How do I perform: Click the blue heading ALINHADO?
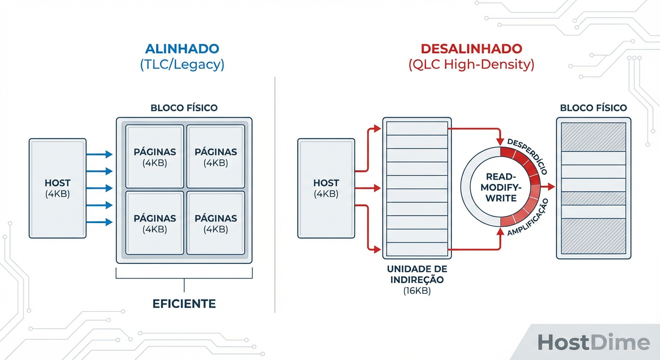pyautogui.click(x=182, y=49)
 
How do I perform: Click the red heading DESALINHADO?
pyautogui.click(x=471, y=49)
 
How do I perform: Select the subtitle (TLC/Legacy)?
pyautogui.click(x=182, y=65)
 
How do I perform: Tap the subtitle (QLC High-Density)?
pyautogui.click(x=471, y=65)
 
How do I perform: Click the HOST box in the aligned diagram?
pyautogui.click(x=57, y=188)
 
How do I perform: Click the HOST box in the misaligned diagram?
pyautogui.click(x=326, y=188)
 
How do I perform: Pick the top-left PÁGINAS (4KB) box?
pyautogui.click(x=155, y=157)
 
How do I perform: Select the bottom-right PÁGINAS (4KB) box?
pyautogui.click(x=216, y=223)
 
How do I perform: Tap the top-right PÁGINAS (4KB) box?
pyautogui.click(x=216, y=157)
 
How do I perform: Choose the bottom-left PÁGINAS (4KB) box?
pyautogui.click(x=155, y=223)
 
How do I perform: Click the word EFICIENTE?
pyautogui.click(x=184, y=304)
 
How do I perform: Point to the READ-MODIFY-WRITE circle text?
pyautogui.click(x=501, y=187)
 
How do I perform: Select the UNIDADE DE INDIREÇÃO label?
pyautogui.click(x=417, y=275)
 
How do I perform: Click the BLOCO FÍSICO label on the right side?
pyautogui.click(x=593, y=108)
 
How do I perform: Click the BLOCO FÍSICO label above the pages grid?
pyautogui.click(x=184, y=108)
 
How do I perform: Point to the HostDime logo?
pyautogui.click(x=593, y=343)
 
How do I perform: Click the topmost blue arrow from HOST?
pyautogui.click(x=99, y=154)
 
